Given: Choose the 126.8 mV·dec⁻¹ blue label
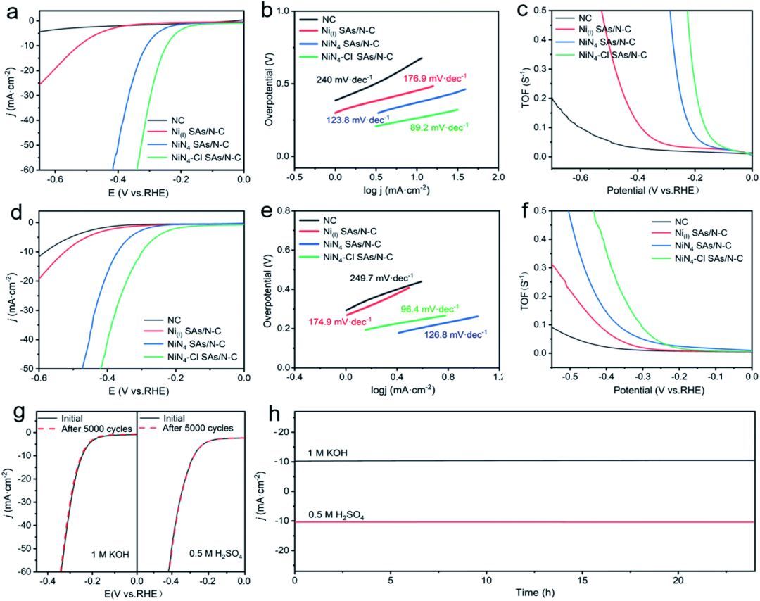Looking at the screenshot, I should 455,334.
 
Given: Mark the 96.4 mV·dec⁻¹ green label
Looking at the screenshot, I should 431,309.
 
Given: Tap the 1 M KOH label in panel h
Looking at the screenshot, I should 328,453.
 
